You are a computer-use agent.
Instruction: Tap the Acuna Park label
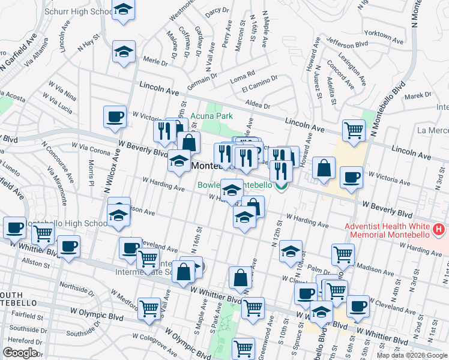pos(207,116)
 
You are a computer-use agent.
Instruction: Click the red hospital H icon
pos(440,230)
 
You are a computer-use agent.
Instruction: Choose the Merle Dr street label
pos(155,60)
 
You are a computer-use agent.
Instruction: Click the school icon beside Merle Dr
pos(124,53)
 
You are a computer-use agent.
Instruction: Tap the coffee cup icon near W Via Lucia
pos(115,117)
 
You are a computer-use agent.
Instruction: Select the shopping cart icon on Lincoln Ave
pos(354,129)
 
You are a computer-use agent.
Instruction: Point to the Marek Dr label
pos(418,95)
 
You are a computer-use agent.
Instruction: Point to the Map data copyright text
pos(411,355)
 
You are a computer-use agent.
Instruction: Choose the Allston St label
pos(37,263)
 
